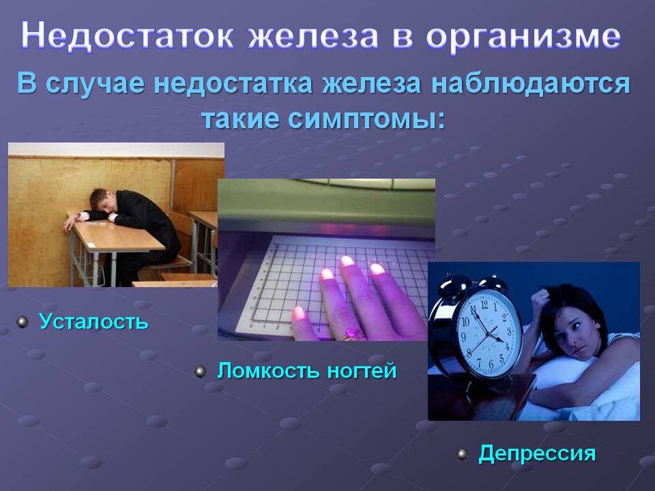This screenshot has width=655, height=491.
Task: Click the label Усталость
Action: point(93,321)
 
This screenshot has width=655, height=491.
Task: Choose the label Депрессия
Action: point(537,453)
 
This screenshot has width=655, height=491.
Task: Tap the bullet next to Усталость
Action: point(22,322)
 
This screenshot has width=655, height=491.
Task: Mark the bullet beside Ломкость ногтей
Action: point(201,371)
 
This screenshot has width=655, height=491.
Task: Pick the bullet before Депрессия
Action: point(462,454)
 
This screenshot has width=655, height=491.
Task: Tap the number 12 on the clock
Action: point(484,304)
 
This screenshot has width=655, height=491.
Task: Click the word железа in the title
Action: point(313,35)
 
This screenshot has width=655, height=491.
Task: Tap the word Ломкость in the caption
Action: point(269,371)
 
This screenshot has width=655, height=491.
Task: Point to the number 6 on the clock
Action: point(491,364)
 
